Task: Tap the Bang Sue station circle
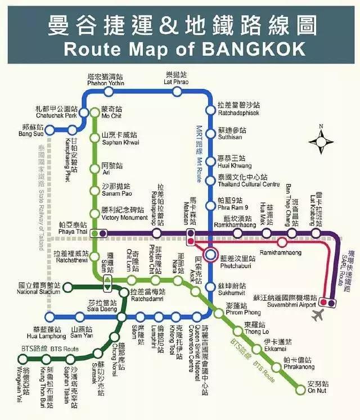[x=49, y=130]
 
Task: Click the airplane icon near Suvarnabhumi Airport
[x=318, y=313]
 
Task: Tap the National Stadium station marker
[x=67, y=290]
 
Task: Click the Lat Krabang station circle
[x=318, y=233]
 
